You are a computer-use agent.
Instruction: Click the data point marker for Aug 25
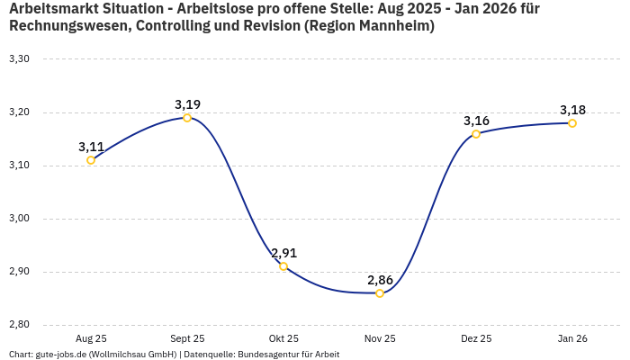pos(91,160)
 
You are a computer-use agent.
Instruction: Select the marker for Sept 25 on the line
pos(187,118)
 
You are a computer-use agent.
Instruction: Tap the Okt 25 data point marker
pos(283,266)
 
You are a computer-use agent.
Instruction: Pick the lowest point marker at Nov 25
pos(380,293)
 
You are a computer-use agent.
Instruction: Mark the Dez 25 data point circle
pos(476,134)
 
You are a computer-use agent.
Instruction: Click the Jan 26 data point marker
pos(572,123)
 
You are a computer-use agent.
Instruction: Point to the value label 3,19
pos(187,104)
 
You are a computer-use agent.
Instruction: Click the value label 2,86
pos(380,280)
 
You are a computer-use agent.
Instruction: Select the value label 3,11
pos(91,147)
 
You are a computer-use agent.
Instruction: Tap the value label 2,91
pos(283,253)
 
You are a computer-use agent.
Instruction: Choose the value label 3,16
pos(476,121)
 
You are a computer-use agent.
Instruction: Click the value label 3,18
pos(572,110)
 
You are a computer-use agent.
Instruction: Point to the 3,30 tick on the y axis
pos(19,59)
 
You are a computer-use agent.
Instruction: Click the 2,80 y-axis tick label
pos(19,325)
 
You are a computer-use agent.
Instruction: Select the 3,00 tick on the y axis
pos(19,219)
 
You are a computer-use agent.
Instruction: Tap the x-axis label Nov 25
pos(380,338)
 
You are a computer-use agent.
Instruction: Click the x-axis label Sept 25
pos(187,338)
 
